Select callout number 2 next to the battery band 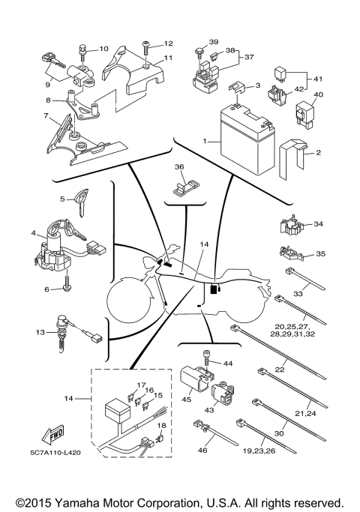tap(319, 153)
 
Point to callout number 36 tap(179, 166)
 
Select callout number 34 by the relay tap(318, 224)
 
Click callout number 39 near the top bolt tap(214, 42)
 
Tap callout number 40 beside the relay tap(317, 94)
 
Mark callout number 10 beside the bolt tap(103, 48)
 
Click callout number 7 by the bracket tap(46, 116)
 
